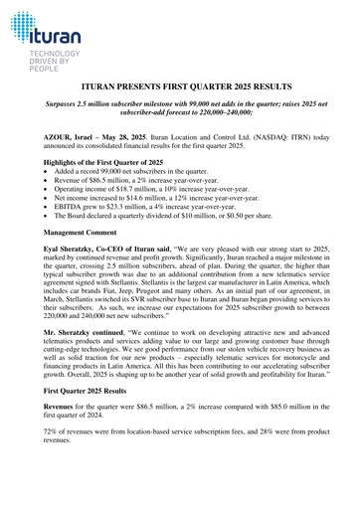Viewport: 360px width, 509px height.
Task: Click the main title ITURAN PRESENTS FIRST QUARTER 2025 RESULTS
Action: tap(179, 88)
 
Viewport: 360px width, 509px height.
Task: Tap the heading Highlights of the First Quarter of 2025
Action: tap(103, 161)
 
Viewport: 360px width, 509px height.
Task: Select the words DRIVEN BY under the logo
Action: tap(45, 64)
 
